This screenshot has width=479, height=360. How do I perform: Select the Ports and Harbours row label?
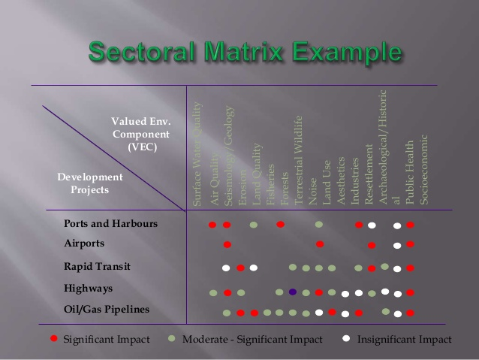(x=111, y=224)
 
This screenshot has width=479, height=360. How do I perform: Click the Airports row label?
(x=84, y=244)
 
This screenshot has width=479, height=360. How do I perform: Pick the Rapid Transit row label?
(x=97, y=266)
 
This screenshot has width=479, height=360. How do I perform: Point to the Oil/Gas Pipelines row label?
(x=107, y=309)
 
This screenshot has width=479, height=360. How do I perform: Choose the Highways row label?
(x=89, y=288)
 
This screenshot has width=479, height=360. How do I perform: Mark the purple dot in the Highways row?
(x=293, y=292)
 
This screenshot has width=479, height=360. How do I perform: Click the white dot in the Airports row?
(x=397, y=245)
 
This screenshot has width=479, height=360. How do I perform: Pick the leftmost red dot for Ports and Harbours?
(x=212, y=225)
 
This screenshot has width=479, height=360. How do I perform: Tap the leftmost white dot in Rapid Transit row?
(x=226, y=268)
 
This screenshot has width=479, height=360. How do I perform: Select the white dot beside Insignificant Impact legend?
(x=346, y=339)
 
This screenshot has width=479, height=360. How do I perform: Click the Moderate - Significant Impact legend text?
(x=252, y=340)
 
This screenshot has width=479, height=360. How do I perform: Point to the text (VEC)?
(x=142, y=147)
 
